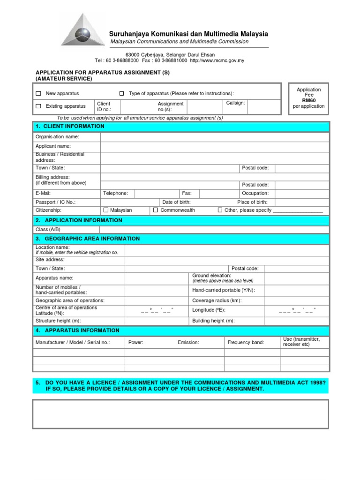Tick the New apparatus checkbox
point(38,94)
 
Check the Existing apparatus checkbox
point(38,106)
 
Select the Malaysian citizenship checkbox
point(105,210)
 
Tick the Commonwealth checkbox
point(156,210)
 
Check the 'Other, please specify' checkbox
point(220,210)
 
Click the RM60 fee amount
point(309,100)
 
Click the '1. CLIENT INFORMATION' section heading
point(70,127)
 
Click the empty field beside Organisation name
point(215,137)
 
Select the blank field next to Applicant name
point(215,146)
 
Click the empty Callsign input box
point(263,106)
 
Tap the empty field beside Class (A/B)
point(215,229)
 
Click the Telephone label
point(115,193)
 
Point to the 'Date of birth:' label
point(176,202)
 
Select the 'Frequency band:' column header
point(246,343)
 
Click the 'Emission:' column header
point(188,343)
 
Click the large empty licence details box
point(180,414)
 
